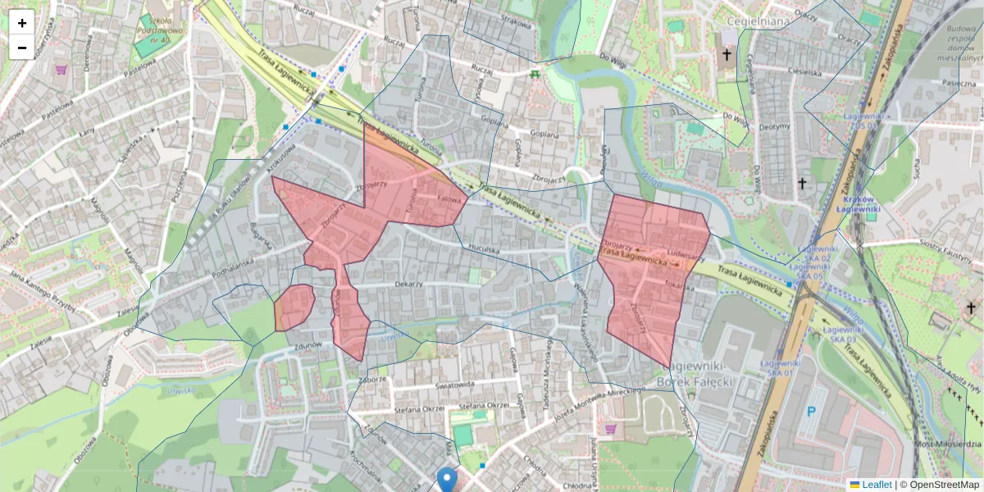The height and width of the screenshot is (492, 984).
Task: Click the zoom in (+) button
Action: pos(22,23)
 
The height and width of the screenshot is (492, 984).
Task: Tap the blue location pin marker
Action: pos(447,478)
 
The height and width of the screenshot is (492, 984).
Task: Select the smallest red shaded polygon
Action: pos(294,307)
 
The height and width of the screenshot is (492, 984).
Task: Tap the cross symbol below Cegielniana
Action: pos(727,56)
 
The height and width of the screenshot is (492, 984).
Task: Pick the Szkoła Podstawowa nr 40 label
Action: pos(155,25)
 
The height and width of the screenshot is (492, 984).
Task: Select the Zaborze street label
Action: pos(371,380)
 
